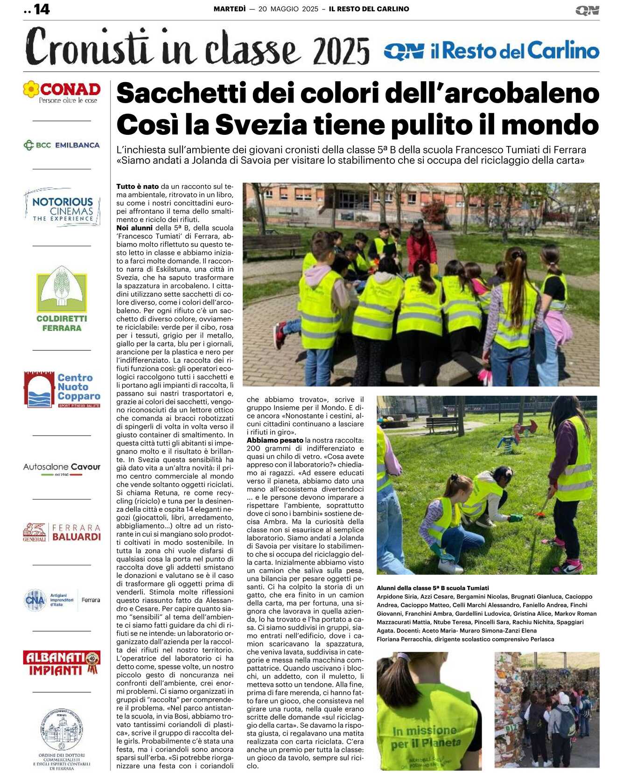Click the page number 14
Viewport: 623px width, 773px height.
41,9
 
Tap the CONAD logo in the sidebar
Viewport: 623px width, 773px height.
62,91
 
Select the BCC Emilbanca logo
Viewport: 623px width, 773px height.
62,145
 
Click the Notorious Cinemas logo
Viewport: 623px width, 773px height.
63,208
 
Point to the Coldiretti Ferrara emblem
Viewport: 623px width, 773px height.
62,299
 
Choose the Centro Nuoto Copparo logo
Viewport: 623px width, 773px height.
62,390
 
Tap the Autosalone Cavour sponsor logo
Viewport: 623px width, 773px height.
62,467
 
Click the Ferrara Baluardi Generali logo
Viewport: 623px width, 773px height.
62,532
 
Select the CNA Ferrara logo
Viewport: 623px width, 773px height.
62,600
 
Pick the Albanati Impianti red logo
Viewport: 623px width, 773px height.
62,663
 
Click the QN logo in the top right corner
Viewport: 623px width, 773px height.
587,10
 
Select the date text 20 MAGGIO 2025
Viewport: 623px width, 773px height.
288,9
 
